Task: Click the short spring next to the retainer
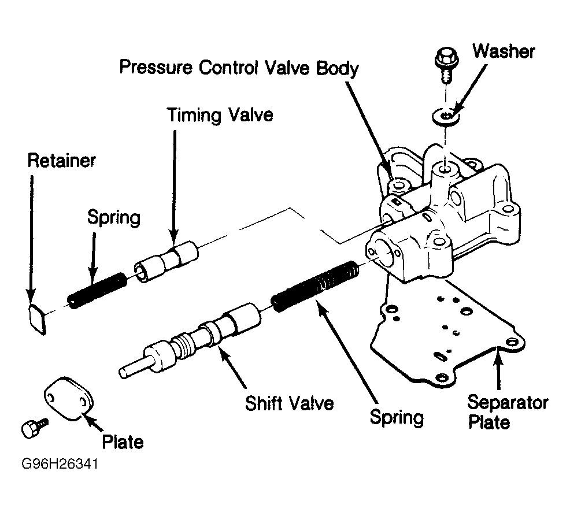click(97, 291)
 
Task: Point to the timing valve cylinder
click(166, 261)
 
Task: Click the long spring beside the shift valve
click(315, 286)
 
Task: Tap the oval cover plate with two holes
click(68, 399)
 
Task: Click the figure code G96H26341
click(60, 464)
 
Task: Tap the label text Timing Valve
click(220, 115)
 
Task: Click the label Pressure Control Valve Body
click(239, 68)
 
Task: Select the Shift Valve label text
click(290, 403)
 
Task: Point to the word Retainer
click(62, 161)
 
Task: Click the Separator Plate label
click(508, 412)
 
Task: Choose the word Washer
click(504, 51)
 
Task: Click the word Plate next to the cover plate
click(123, 441)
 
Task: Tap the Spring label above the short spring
click(114, 218)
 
